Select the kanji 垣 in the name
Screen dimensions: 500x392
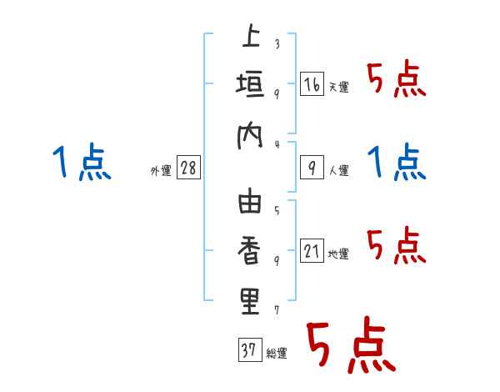(250, 86)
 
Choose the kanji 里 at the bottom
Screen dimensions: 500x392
(250, 302)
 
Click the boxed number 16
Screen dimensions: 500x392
(312, 85)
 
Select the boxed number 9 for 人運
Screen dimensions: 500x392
(312, 168)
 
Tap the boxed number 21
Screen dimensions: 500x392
(312, 252)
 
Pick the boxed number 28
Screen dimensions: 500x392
(188, 168)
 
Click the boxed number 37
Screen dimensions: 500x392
(248, 350)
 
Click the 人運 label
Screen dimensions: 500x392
(338, 171)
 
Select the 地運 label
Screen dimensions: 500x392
(338, 254)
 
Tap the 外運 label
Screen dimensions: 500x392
(160, 171)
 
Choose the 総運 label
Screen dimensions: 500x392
(276, 353)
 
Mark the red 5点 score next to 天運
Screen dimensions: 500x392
(396, 81)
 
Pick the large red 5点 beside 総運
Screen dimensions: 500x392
(350, 348)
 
